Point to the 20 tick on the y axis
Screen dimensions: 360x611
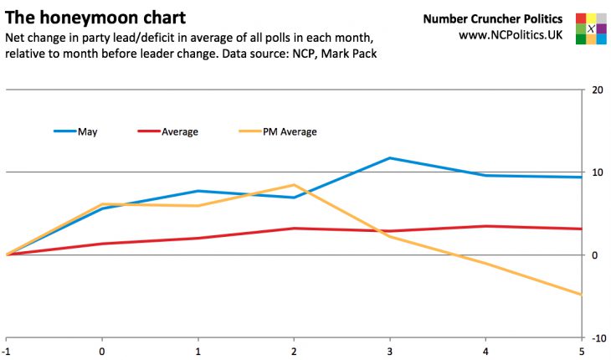tap(597, 90)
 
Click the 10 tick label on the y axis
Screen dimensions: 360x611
tap(597, 172)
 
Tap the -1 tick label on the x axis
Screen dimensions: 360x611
tap(7, 352)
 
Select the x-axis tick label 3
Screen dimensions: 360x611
tap(389, 352)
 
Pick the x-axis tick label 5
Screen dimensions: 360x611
tap(581, 352)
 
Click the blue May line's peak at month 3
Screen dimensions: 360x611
tap(389, 157)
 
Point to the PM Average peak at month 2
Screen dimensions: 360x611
tap(293, 185)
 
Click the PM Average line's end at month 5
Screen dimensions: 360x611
tap(581, 295)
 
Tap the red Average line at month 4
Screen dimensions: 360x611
tap(485, 226)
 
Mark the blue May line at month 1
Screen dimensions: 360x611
tap(198, 191)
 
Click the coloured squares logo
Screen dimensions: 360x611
tap(591, 28)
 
